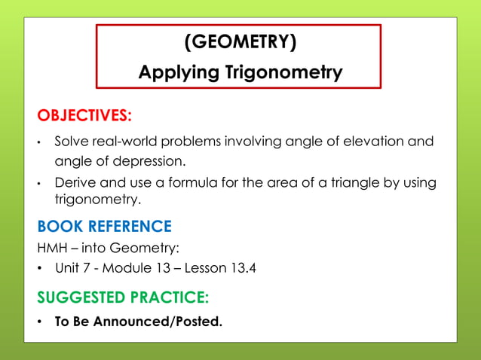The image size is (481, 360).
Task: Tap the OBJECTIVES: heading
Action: pos(84,115)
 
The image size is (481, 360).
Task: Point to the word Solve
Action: pos(72,142)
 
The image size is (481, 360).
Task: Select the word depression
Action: pos(149,161)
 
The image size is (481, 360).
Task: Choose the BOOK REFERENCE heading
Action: pos(105,226)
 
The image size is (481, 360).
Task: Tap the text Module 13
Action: pos(134,268)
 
